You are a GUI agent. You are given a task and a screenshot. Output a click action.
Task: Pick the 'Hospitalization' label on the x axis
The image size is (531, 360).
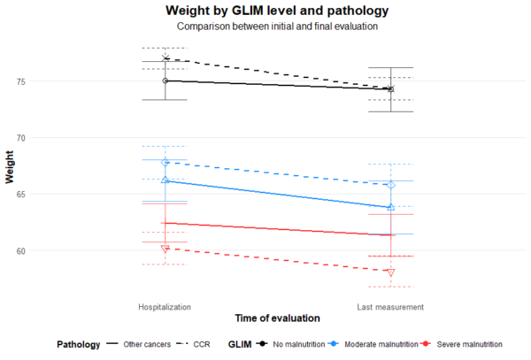click(x=165, y=307)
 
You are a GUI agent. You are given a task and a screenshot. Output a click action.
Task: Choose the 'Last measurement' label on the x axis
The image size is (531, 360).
click(x=390, y=307)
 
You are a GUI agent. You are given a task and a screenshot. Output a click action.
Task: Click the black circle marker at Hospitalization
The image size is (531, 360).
click(x=165, y=80)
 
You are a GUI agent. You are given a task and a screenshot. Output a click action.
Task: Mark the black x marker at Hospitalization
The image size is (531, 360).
click(x=165, y=58)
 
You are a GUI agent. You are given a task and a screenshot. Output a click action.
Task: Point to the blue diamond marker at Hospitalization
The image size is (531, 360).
click(x=165, y=162)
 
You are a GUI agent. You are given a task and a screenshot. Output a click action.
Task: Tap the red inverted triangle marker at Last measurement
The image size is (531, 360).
click(x=390, y=272)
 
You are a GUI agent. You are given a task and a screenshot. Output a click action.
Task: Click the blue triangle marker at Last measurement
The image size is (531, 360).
click(x=390, y=207)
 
